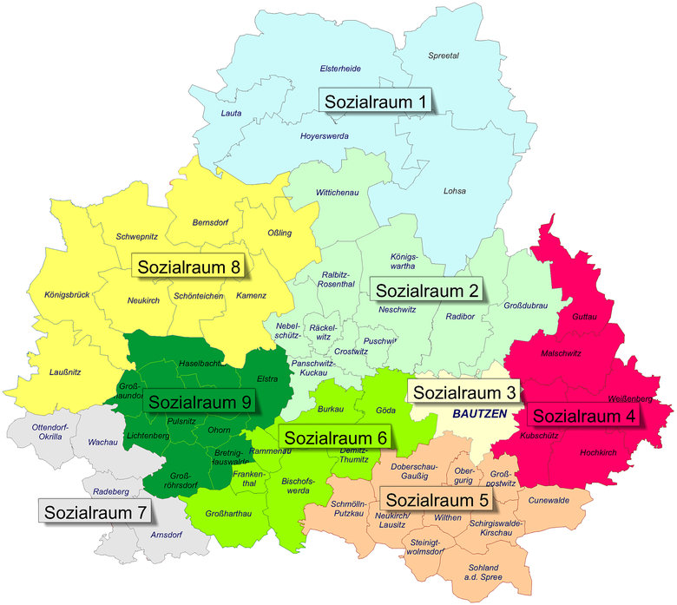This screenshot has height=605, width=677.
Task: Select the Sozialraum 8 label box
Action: coord(187,266)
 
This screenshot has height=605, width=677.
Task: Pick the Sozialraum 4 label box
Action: coord(583,416)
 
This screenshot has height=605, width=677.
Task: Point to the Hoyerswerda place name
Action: coord(324,136)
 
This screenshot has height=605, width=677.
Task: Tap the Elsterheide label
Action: coord(340,69)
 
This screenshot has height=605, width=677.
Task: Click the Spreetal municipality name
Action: coord(444,56)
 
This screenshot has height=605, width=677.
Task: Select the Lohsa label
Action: coord(454,191)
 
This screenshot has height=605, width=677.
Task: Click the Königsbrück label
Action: coord(67,296)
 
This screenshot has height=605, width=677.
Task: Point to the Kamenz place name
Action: coord(251,296)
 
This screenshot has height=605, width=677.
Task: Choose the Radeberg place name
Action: coord(111,491)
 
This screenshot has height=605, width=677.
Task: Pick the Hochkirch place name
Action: coord(597,452)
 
